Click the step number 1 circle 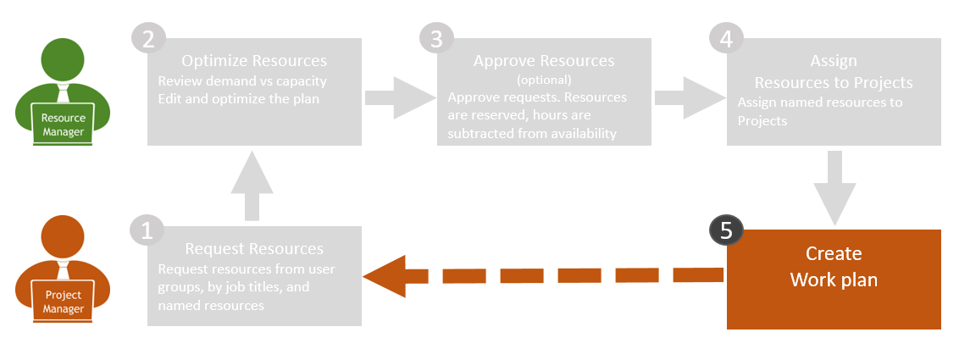[147, 231]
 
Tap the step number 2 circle [148, 39]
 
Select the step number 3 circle [436, 39]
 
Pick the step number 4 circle [726, 39]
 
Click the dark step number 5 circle [726, 230]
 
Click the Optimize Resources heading [254, 60]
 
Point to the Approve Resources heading [544, 60]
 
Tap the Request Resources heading [254, 249]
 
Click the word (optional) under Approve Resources [544, 80]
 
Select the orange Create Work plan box [834, 280]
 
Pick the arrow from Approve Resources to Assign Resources [689, 97]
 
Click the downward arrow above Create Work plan [834, 188]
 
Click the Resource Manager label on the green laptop [64, 124]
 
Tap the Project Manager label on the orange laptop [64, 302]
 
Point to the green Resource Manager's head [63, 61]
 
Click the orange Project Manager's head [63, 237]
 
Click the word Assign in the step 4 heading [834, 60]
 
